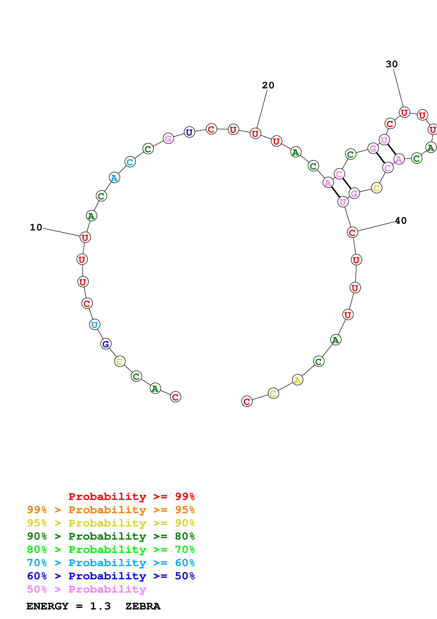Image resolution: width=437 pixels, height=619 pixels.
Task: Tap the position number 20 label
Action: (x=268, y=85)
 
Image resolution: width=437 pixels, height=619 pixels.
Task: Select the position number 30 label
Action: (x=392, y=64)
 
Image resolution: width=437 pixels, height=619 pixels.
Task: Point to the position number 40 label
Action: (x=401, y=221)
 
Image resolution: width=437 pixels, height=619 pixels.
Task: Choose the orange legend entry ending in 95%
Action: (x=111, y=510)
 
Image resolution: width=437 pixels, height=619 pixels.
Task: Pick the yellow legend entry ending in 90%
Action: (x=111, y=523)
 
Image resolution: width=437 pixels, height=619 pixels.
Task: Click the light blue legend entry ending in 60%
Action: (x=111, y=563)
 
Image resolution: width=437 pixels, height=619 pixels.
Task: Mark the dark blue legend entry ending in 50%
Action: (x=111, y=576)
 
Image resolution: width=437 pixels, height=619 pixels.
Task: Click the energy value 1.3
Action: (x=100, y=606)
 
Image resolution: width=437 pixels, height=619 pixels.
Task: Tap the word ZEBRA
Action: (x=143, y=606)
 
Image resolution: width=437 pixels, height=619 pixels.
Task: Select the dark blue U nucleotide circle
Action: (x=189, y=132)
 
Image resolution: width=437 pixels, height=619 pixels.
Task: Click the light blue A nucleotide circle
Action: (x=114, y=178)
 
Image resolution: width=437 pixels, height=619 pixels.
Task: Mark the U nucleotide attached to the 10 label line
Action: (x=85, y=237)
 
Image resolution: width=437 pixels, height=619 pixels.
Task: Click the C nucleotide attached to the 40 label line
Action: (x=352, y=232)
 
